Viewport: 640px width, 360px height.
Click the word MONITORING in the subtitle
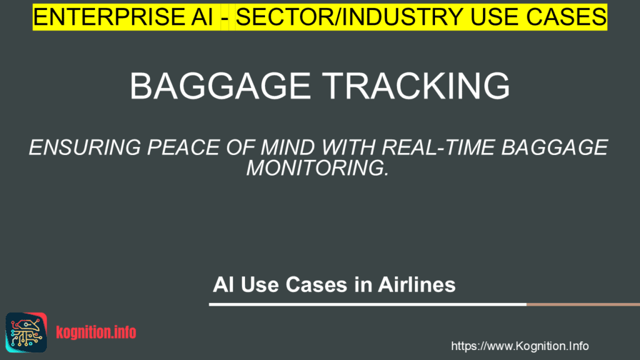point(317,168)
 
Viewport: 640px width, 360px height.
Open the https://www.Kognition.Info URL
point(519,346)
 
